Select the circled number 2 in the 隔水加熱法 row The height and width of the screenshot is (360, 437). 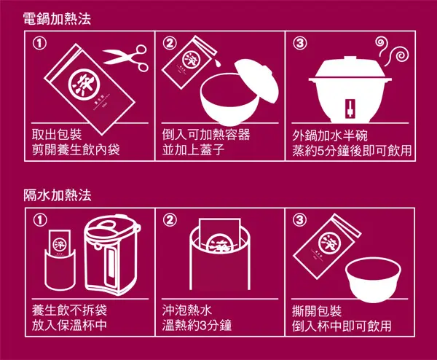[170, 219]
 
